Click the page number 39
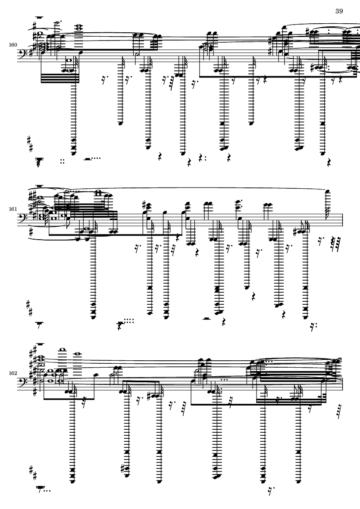339,11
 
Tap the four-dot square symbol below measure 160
63,162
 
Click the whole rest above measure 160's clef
40,18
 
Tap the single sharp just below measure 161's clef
30,234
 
